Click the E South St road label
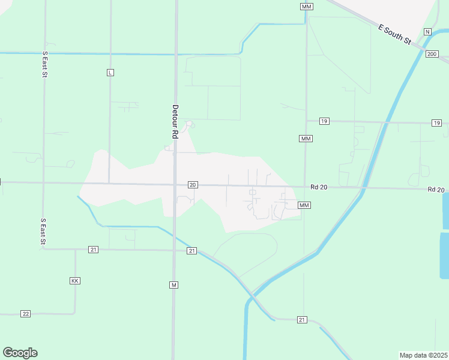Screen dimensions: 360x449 (x=394, y=35)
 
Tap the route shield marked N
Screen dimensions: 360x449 (x=427, y=31)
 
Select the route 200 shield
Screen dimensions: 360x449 (x=432, y=54)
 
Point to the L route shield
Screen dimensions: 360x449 (x=110, y=73)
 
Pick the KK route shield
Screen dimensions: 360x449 (x=75, y=281)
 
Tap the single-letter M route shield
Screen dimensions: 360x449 (x=173, y=284)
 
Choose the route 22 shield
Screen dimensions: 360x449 (x=25, y=314)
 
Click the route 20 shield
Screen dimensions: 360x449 (x=192, y=185)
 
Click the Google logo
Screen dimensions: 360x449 (x=20, y=353)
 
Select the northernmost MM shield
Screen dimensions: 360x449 (x=307, y=6)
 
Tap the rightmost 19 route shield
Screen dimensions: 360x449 (x=436, y=123)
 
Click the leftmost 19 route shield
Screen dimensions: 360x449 (x=324, y=121)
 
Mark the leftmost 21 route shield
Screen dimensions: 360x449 (x=93, y=249)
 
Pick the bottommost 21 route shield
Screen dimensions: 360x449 (x=302, y=320)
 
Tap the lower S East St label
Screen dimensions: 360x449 (x=43, y=232)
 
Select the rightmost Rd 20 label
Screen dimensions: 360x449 (x=436, y=190)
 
